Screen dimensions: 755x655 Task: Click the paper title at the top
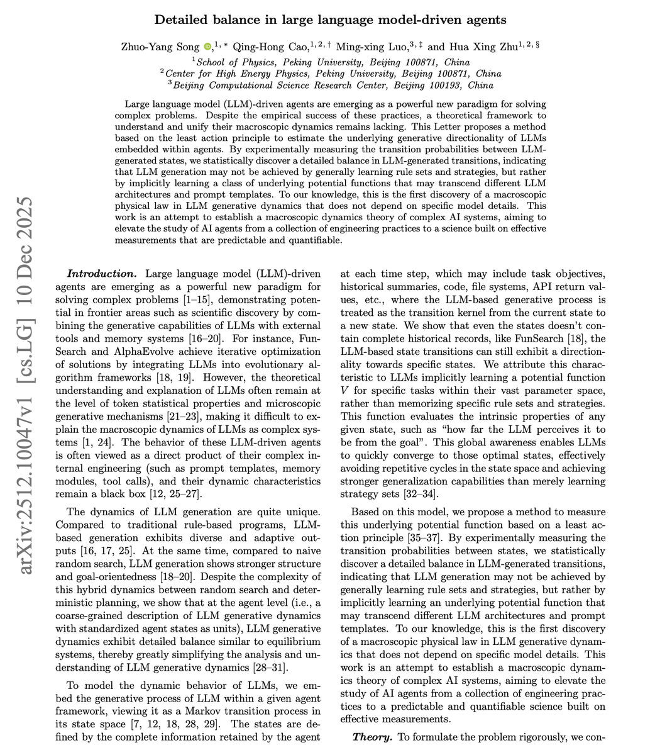(x=331, y=20)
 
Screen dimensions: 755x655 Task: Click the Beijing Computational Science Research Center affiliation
(x=333, y=85)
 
